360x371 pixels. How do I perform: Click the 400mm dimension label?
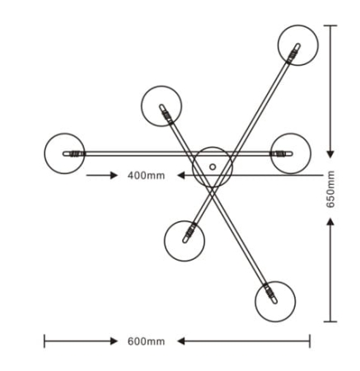point(146,176)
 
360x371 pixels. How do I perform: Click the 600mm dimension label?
point(146,341)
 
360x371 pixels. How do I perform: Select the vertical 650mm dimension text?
point(330,190)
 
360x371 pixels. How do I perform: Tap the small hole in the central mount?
point(213,167)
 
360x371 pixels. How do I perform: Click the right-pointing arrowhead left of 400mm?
point(114,175)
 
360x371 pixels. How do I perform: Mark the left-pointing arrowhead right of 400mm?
point(181,175)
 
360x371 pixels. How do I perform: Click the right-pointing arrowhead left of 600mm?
point(114,341)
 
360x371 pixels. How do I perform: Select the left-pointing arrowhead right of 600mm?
point(181,341)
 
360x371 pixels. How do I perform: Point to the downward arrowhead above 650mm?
point(330,154)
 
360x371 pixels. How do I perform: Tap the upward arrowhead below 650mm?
point(330,222)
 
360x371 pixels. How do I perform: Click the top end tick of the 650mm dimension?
point(330,26)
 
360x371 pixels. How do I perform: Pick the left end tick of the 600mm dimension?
point(44,341)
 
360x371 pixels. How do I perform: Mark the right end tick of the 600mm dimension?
point(310,341)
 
